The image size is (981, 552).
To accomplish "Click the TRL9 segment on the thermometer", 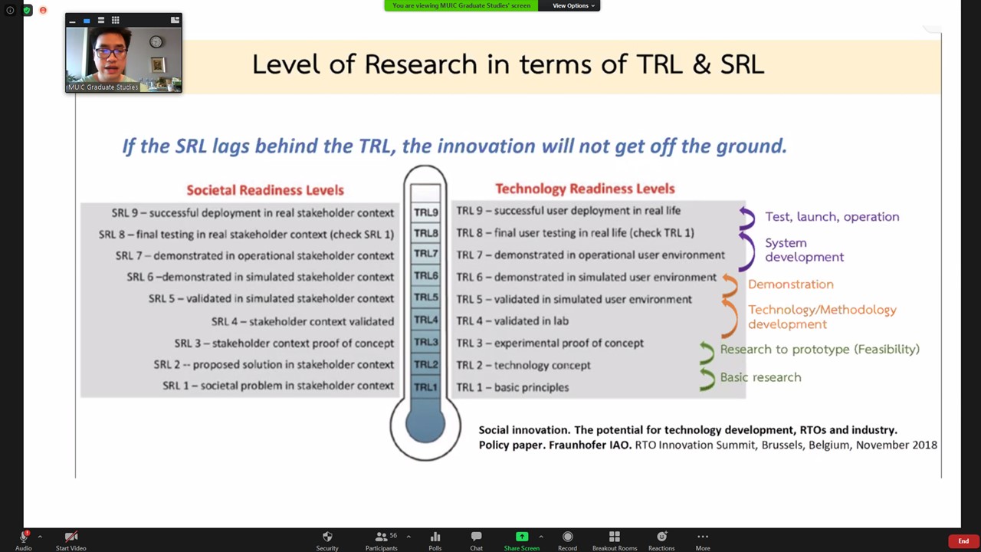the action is click(x=425, y=212).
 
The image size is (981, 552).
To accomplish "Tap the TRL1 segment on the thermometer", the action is click(x=425, y=387).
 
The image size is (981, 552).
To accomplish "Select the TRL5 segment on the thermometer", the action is click(x=425, y=297).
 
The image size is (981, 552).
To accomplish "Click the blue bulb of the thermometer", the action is click(x=425, y=423).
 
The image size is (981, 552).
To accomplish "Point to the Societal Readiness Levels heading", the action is click(x=265, y=190).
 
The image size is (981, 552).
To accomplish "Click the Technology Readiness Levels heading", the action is click(x=585, y=189).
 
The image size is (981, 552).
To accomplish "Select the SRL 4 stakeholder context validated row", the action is click(x=303, y=321).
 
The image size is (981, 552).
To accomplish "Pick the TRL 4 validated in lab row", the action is click(x=513, y=321).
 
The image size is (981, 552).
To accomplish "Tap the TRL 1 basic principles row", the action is click(x=513, y=387).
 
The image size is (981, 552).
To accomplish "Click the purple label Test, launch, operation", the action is click(x=832, y=217).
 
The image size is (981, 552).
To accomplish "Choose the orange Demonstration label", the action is click(x=790, y=284).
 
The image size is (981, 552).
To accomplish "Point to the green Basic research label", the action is click(x=761, y=377).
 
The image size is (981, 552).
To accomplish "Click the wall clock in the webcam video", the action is click(x=156, y=42).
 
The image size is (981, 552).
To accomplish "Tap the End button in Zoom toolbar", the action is click(x=963, y=541).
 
